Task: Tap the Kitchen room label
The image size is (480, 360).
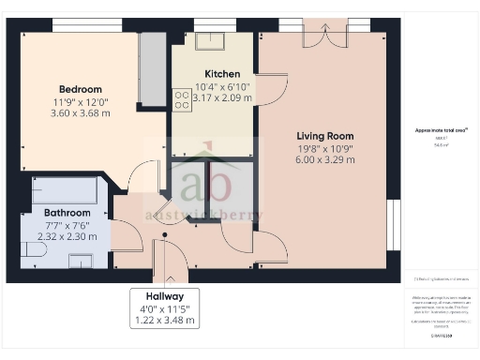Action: pos(222,74)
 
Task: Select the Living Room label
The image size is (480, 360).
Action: pos(325,135)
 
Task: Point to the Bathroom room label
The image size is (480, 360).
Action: pos(67,213)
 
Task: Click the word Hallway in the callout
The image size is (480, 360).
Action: pos(164,294)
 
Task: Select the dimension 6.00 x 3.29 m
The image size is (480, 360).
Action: pos(325,160)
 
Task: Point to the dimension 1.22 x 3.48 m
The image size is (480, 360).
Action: pos(164,320)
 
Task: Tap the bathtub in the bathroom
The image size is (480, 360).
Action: pos(64,190)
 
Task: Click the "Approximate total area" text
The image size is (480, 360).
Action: pos(441,129)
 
